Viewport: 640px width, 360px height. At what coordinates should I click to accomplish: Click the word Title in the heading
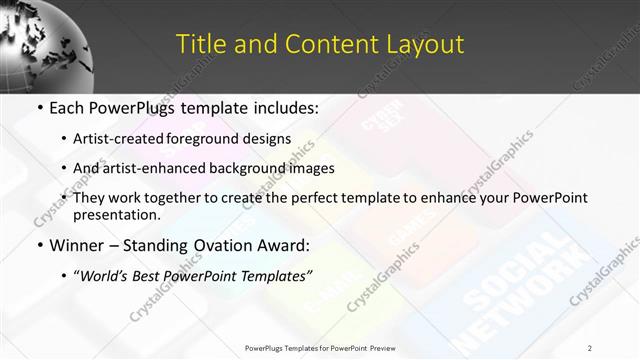pyautogui.click(x=198, y=44)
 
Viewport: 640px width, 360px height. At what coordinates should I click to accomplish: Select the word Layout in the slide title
pyautogui.click(x=426, y=44)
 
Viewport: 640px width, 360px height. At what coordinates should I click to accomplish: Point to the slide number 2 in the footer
pyautogui.click(x=590, y=348)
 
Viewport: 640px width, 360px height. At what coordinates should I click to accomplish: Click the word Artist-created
pyautogui.click(x=139, y=138)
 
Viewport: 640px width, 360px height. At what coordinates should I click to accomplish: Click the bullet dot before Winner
pyautogui.click(x=39, y=245)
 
